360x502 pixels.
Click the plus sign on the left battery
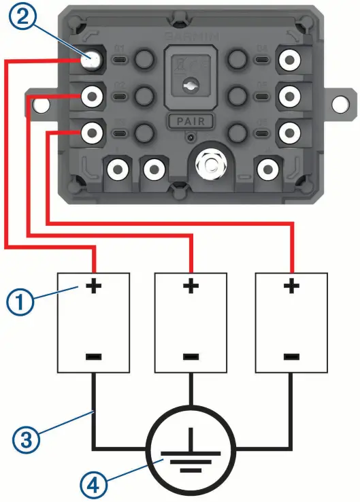coord(93,287)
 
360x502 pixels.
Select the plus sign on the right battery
coord(291,287)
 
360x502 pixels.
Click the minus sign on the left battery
coord(93,355)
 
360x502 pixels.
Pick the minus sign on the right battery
coord(291,355)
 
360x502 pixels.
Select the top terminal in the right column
coord(291,61)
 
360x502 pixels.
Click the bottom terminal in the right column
coord(291,131)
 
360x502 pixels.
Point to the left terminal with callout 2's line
coord(91,59)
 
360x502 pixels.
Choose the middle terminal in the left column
coord(91,96)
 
